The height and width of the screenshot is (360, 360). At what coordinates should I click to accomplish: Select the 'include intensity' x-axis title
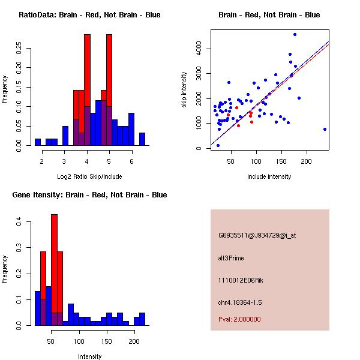(x=269, y=176)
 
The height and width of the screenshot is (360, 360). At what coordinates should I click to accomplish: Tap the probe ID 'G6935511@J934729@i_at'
(x=257, y=235)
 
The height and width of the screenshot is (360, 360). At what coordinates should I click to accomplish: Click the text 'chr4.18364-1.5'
(x=240, y=301)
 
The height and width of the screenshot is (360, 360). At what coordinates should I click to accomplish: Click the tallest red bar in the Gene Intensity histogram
(x=54, y=270)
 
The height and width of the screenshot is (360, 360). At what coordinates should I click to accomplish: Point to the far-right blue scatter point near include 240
(x=325, y=129)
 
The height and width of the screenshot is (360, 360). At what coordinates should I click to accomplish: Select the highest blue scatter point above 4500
(x=295, y=34)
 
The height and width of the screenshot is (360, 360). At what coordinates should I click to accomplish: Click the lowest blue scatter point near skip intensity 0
(x=218, y=145)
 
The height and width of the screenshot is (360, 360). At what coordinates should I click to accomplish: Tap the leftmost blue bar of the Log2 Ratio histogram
(x=38, y=142)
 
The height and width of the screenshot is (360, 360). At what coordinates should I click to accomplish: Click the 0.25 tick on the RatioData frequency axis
(x=20, y=49)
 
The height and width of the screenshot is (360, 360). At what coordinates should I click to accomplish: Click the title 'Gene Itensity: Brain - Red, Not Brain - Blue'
(x=89, y=195)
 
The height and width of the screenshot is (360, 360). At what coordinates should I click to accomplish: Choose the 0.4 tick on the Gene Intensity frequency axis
(x=20, y=222)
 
